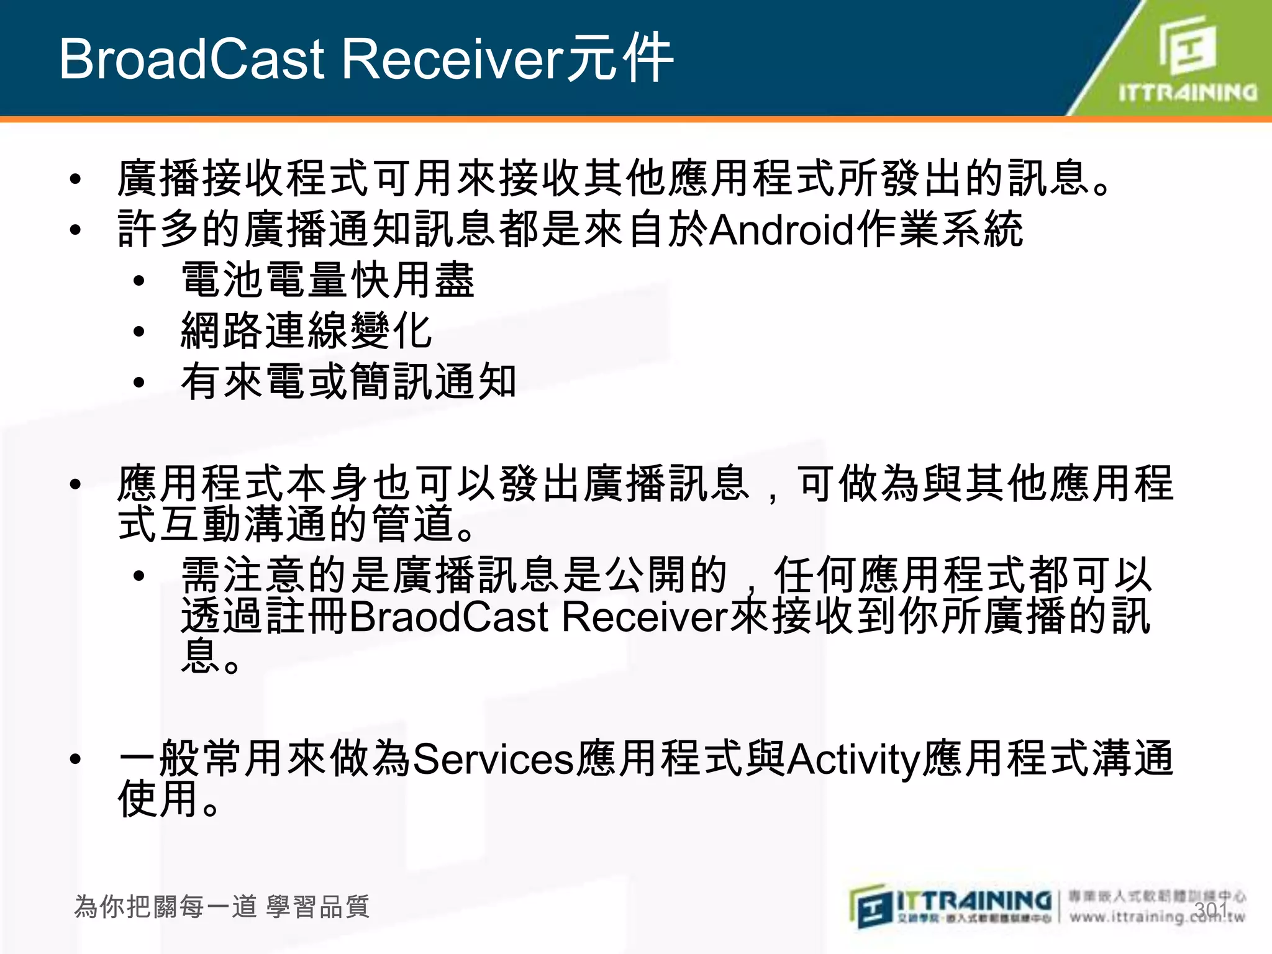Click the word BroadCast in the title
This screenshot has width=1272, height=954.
click(x=191, y=59)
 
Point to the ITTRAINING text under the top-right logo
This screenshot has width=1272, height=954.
click(x=1188, y=93)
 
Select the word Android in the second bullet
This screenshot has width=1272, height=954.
click(x=782, y=230)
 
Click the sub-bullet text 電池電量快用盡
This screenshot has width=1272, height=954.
click(x=328, y=280)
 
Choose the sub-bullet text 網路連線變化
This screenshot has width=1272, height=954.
click(x=306, y=330)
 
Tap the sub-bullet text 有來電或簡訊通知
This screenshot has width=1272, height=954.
click(x=348, y=381)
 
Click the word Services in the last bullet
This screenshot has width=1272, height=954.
click(x=493, y=759)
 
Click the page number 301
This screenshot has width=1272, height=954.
click(x=1211, y=910)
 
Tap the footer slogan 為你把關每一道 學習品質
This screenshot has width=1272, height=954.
click(x=222, y=907)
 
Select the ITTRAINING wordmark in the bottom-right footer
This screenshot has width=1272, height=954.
click(x=974, y=901)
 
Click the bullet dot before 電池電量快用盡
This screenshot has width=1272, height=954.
click(x=139, y=281)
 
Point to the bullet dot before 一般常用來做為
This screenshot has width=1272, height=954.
click(x=76, y=759)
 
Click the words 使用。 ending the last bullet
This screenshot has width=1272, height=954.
click(x=169, y=799)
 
